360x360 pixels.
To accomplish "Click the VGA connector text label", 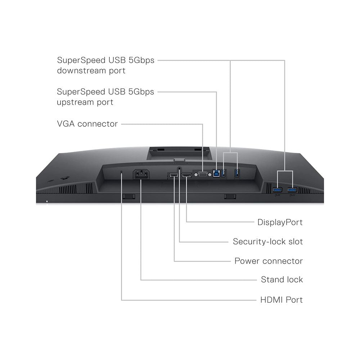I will (87, 124).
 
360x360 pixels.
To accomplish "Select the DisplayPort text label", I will (280, 222).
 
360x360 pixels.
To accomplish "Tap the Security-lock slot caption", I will (267, 241).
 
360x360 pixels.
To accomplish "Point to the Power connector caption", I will (269, 261).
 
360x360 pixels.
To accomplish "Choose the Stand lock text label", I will (282, 279).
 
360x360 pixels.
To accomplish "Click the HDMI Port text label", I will (281, 300).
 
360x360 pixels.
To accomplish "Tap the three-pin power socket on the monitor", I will (140, 174).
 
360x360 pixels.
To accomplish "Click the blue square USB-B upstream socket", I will (216, 174).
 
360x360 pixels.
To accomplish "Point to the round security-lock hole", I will (179, 168).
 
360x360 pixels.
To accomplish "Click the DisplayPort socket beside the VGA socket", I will (186, 175).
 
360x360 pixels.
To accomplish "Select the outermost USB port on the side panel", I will (292, 189).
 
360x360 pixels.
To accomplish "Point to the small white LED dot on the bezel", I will (47, 201).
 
